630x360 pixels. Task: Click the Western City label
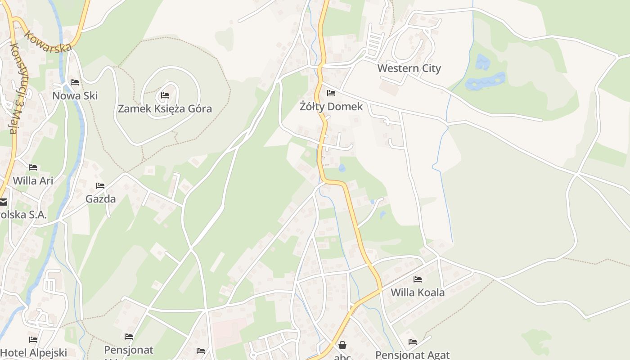coord(409,68)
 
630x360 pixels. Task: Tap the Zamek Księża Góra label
coord(165,108)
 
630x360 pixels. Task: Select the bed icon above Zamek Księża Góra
coord(165,95)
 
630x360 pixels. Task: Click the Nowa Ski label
coord(75,95)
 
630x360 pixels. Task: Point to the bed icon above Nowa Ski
coord(75,82)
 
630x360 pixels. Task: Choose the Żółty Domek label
coord(331,107)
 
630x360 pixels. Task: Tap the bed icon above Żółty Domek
coord(331,93)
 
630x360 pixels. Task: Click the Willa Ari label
coord(33,180)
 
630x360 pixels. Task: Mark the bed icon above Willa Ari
coord(33,167)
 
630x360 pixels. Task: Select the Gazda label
coord(100,198)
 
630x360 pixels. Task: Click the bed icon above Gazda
coord(100,185)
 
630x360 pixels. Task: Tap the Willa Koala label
coord(417,292)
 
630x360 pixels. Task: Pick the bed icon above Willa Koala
coord(418,279)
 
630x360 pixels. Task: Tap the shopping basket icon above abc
coord(342,345)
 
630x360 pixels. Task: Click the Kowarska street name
coord(48,41)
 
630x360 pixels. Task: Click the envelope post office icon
coord(3,202)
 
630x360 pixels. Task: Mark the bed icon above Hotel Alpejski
coord(33,340)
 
